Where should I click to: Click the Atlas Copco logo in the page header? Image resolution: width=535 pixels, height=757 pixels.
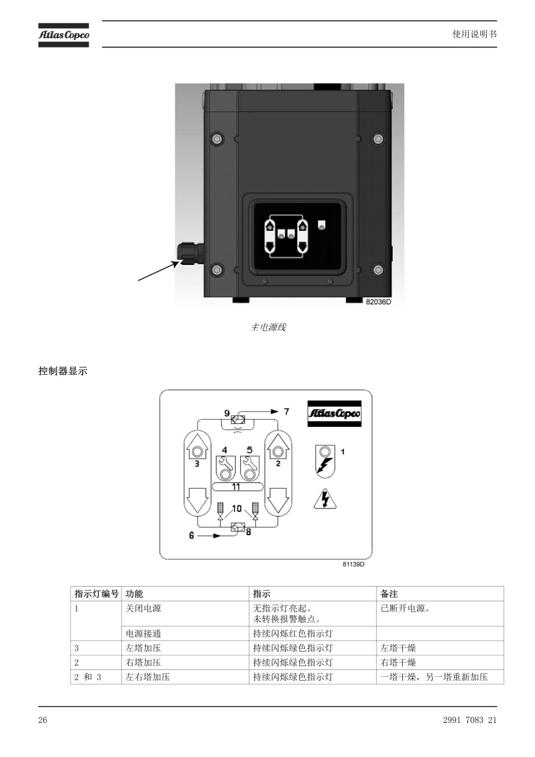click(x=63, y=35)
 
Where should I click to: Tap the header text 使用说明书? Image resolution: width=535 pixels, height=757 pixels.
click(x=474, y=34)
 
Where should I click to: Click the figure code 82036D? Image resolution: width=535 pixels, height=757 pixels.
click(x=378, y=302)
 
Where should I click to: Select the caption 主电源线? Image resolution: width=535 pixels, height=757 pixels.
click(x=268, y=327)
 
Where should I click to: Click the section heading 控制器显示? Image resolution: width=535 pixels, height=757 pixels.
click(x=63, y=371)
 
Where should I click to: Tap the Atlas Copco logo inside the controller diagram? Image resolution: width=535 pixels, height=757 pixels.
click(x=334, y=414)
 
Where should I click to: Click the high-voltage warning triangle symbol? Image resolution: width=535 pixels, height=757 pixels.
click(x=325, y=499)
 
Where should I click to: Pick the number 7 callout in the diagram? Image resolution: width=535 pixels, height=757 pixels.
click(x=287, y=411)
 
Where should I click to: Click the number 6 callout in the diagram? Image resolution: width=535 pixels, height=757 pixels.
click(x=191, y=536)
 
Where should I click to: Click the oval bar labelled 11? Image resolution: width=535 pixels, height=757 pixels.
click(x=237, y=487)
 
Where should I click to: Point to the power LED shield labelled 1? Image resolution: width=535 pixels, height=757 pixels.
click(x=325, y=461)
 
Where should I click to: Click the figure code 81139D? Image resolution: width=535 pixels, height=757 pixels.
click(x=353, y=564)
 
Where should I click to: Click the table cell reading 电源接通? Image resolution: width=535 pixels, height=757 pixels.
click(x=143, y=634)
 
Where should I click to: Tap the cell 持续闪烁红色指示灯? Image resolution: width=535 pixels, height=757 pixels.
click(x=293, y=634)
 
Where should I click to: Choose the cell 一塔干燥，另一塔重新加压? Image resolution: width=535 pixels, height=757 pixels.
click(x=434, y=677)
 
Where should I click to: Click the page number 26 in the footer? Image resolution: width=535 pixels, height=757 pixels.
click(x=43, y=720)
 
